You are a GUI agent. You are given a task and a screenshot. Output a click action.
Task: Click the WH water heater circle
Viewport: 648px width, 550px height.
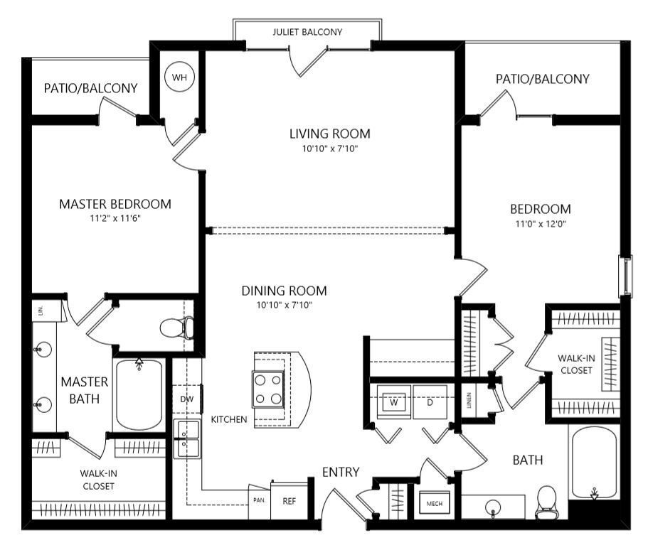[179, 77]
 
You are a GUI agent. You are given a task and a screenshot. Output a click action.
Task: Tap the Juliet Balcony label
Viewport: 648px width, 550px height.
[307, 32]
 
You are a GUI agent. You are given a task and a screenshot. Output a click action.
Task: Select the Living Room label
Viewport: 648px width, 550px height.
[330, 134]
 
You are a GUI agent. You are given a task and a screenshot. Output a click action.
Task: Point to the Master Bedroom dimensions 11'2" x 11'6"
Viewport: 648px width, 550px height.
[115, 218]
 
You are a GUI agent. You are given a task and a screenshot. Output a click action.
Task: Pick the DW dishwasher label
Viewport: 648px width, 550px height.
[187, 399]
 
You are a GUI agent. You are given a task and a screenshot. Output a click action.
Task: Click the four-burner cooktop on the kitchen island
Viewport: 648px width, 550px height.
[267, 389]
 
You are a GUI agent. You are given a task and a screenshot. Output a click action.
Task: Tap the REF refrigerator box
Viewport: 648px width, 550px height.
[290, 500]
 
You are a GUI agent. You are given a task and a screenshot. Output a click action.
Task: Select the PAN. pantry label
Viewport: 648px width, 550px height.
[259, 500]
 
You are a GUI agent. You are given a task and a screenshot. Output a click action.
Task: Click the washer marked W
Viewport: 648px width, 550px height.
[394, 402]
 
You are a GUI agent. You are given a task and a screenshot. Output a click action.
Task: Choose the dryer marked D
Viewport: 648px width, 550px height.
[430, 402]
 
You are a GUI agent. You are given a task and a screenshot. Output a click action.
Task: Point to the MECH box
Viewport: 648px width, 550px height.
[435, 502]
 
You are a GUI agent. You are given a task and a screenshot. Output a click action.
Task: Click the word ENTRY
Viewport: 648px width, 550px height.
[341, 472]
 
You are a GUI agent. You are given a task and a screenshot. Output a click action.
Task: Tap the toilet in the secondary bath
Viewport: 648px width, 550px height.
[546, 502]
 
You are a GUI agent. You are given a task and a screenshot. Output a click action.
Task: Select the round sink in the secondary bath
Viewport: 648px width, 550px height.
[493, 507]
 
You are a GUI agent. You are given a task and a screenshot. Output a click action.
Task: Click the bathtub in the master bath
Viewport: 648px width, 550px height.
[139, 395]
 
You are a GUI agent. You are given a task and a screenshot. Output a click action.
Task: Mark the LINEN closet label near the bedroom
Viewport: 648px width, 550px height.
[469, 400]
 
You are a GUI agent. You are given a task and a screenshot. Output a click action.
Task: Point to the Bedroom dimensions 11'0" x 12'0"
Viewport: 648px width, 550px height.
[541, 224]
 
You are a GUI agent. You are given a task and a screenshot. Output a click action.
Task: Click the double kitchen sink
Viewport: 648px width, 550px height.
[187, 439]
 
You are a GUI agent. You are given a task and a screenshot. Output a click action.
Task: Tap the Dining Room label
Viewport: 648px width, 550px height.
[285, 291]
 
